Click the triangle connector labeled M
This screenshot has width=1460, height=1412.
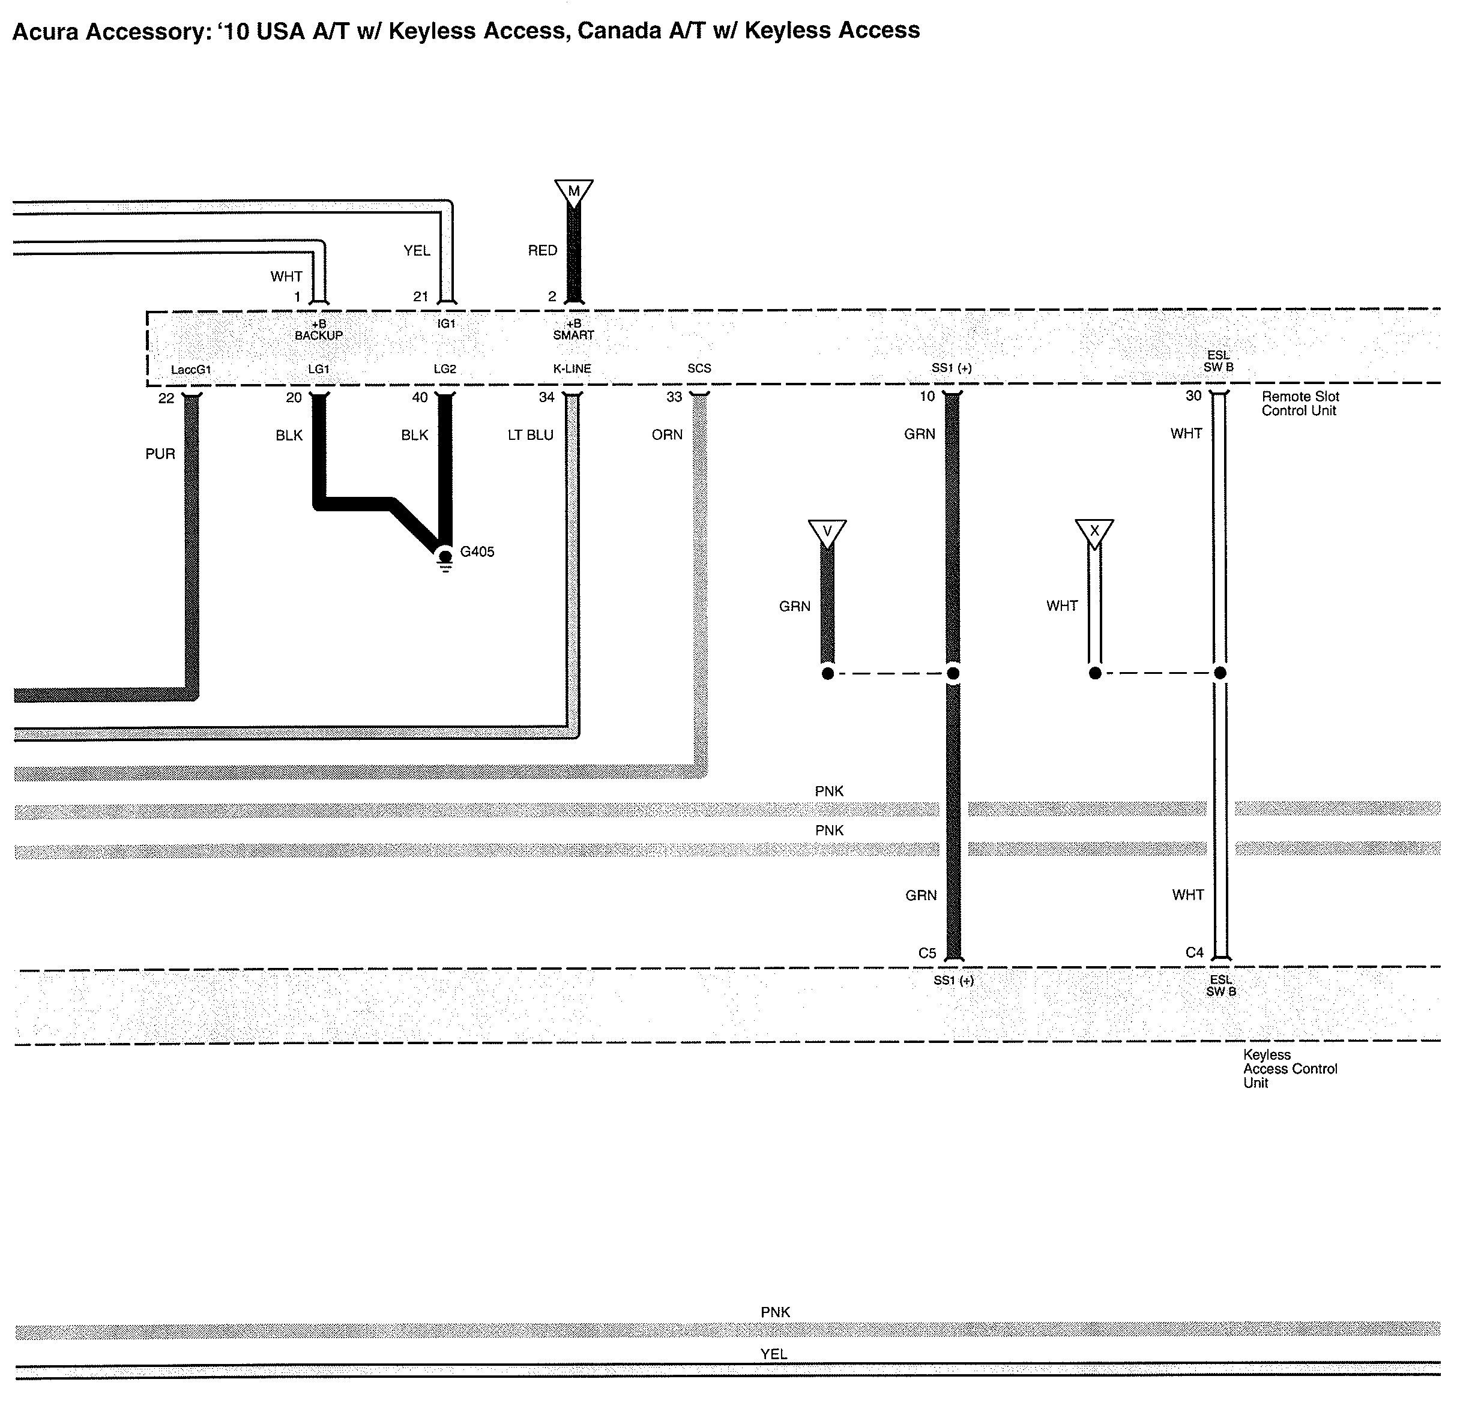573,191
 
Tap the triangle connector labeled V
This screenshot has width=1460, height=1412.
827,532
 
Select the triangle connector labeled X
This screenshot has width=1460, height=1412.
1094,532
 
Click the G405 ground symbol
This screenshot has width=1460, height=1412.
445,558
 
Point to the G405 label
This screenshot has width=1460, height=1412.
477,552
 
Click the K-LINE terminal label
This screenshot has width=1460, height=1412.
572,368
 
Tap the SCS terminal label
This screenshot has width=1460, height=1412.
699,368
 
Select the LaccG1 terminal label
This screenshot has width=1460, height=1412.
191,370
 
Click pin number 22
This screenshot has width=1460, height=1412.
166,398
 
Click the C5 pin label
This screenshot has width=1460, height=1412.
927,954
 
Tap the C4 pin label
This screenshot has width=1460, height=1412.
1194,952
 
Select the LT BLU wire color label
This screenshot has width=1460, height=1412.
530,435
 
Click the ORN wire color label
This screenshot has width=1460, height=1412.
667,435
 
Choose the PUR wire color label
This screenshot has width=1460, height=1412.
160,454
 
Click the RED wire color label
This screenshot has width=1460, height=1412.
542,251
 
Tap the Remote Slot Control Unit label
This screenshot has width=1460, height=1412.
1300,404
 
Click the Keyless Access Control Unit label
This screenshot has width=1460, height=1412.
1290,1069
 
